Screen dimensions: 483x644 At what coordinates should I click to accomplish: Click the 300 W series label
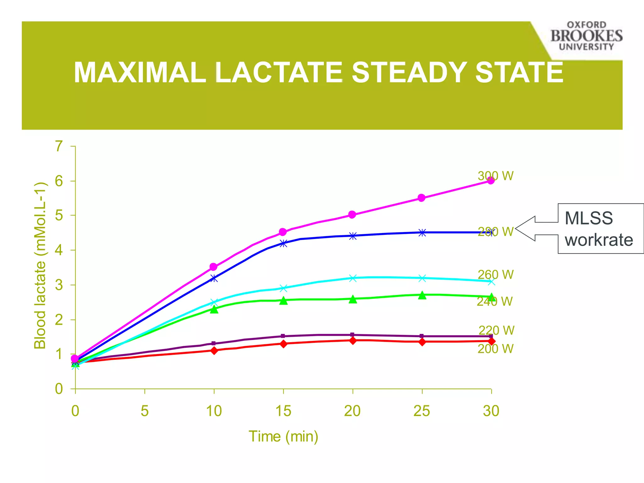pyautogui.click(x=496, y=176)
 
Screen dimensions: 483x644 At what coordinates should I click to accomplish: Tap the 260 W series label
pyautogui.click(x=496, y=275)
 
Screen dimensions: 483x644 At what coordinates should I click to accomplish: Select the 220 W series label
pyautogui.click(x=496, y=330)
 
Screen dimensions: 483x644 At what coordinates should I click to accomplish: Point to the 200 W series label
pyautogui.click(x=496, y=349)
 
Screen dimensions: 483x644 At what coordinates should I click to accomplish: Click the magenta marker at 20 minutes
pyautogui.click(x=352, y=215)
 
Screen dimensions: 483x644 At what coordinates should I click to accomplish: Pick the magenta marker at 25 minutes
pyautogui.click(x=422, y=198)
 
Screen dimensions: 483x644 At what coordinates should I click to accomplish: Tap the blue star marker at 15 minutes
pyautogui.click(x=283, y=243)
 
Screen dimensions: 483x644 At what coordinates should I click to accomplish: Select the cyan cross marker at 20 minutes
pyautogui.click(x=353, y=278)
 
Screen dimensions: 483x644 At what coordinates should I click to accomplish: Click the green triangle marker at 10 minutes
pyautogui.click(x=214, y=310)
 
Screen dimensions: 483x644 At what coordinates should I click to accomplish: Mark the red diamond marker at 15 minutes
pyautogui.click(x=283, y=344)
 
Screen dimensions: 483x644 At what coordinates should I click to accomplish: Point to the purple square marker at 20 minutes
pyautogui.click(x=352, y=335)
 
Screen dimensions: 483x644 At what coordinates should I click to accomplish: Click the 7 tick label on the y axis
pyautogui.click(x=59, y=146)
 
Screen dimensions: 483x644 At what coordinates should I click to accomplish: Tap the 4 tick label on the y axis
pyautogui.click(x=59, y=250)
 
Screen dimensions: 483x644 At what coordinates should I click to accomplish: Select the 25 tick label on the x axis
pyautogui.click(x=422, y=411)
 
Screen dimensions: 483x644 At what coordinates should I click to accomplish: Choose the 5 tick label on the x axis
pyautogui.click(x=145, y=411)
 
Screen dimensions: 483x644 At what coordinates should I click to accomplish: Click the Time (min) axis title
pyautogui.click(x=283, y=436)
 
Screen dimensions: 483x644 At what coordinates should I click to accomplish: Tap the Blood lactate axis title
pyautogui.click(x=40, y=266)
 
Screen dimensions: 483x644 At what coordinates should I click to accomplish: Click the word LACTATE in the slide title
pyautogui.click(x=279, y=72)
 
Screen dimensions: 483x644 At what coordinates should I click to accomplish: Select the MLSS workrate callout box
pyautogui.click(x=600, y=229)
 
